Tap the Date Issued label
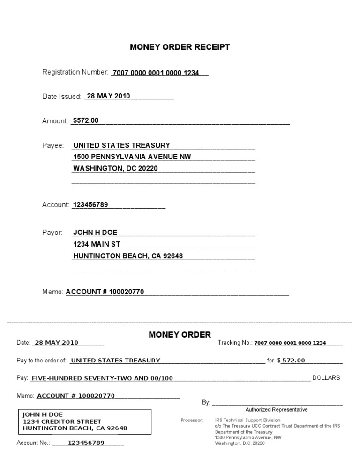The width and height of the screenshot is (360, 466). pyautogui.click(x=62, y=97)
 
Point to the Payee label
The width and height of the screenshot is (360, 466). pyautogui.click(x=53, y=145)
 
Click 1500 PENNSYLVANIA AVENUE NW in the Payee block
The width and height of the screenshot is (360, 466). pyautogui.click(x=132, y=157)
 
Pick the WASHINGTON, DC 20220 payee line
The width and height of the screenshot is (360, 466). pyautogui.click(x=116, y=168)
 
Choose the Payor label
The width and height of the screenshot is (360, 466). pyautogui.click(x=52, y=233)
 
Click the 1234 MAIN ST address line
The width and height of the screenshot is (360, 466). pyautogui.click(x=97, y=244)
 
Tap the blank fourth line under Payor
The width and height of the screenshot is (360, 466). pyautogui.click(x=163, y=269)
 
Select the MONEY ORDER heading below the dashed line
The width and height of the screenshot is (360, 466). pyautogui.click(x=180, y=334)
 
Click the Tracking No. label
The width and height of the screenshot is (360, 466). pyautogui.click(x=235, y=343)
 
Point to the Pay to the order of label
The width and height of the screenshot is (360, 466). pyautogui.click(x=41, y=361)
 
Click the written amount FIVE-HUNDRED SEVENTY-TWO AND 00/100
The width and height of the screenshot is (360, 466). pyautogui.click(x=102, y=378)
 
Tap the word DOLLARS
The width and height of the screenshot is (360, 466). pyautogui.click(x=326, y=378)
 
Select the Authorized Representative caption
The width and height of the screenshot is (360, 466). pyautogui.click(x=277, y=410)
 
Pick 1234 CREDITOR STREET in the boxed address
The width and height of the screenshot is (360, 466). pyautogui.click(x=62, y=421)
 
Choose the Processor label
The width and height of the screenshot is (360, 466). pyautogui.click(x=192, y=420)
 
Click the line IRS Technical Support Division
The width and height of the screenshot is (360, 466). pyautogui.click(x=247, y=420)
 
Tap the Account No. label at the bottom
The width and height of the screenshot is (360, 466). pyautogui.click(x=33, y=443)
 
